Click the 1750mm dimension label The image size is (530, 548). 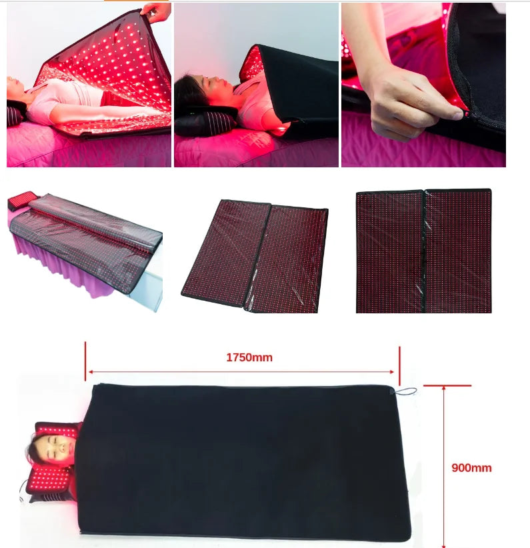249,357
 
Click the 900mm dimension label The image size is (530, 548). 471,467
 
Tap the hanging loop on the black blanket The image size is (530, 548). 405,391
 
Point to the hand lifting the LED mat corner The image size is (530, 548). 157,11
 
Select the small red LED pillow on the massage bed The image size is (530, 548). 21,200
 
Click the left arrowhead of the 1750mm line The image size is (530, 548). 91,372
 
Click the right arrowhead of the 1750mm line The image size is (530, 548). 392,372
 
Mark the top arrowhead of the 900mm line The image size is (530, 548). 443,389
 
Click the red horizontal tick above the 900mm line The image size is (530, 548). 447,385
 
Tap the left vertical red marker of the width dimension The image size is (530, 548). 85,361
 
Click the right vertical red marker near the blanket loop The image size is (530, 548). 399,366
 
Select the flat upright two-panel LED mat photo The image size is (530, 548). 424,251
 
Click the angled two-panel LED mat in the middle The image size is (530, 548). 255,256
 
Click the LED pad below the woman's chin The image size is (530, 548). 49,478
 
